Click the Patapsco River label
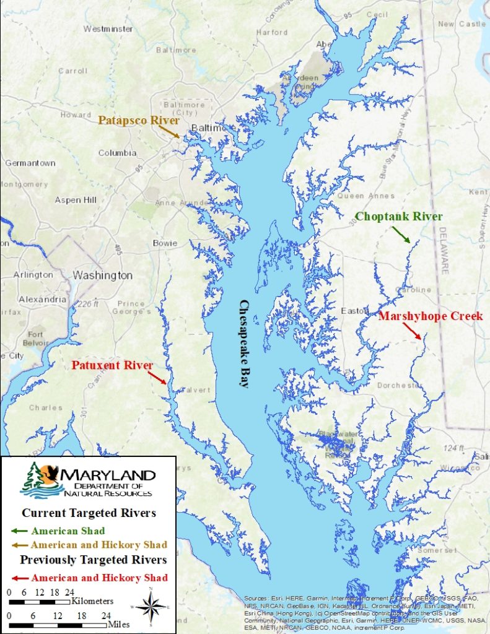pos(138,120)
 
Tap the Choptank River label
pos(398,217)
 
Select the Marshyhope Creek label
pos(431,316)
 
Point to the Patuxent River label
pos(112,365)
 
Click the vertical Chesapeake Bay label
pos(243,344)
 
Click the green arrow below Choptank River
pos(400,234)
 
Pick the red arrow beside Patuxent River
pos(157,376)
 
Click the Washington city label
pos(103,275)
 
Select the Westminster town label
pos(108,28)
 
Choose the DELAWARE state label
pos(443,250)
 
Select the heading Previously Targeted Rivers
pos(94,560)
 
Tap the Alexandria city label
pos(43,299)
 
